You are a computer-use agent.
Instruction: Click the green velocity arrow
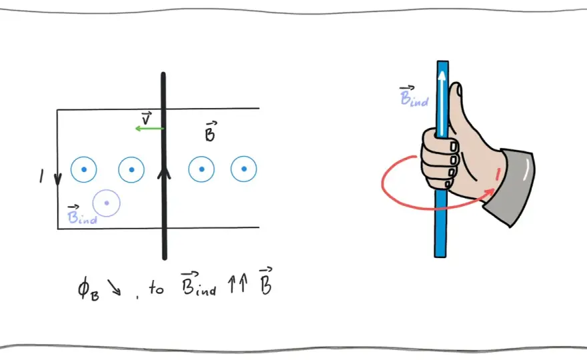[x=149, y=129]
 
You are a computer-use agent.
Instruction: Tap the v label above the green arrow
[x=146, y=118]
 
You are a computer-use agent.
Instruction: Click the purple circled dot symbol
[x=107, y=203]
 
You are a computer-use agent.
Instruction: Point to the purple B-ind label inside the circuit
[x=82, y=215]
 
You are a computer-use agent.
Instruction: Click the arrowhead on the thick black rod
[x=164, y=173]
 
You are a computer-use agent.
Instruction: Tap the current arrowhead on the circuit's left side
[x=57, y=179]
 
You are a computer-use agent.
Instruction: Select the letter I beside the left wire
[x=41, y=176]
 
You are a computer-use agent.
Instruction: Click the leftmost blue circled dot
[x=84, y=169]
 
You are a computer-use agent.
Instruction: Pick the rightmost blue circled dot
[x=243, y=169]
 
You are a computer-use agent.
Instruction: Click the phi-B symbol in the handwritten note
[x=88, y=289]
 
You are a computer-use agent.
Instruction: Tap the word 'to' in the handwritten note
[x=157, y=288]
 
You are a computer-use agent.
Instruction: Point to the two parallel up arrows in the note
[x=238, y=283]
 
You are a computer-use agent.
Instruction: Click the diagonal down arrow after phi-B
[x=114, y=287]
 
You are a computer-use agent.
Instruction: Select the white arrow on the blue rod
[x=442, y=103]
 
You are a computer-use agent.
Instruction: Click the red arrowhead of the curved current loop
[x=490, y=193]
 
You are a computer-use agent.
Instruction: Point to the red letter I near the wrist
[x=498, y=175]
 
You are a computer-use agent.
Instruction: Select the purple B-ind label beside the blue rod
[x=414, y=97]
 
